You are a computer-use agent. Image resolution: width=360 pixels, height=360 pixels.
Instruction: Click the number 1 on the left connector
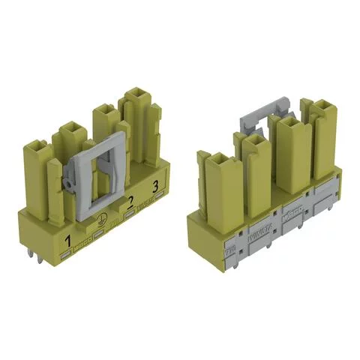pos(68,241)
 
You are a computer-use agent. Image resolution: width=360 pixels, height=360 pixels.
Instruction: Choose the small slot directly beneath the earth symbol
pos(98,229)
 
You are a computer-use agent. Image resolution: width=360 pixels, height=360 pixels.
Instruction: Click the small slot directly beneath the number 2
pos(131,213)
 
